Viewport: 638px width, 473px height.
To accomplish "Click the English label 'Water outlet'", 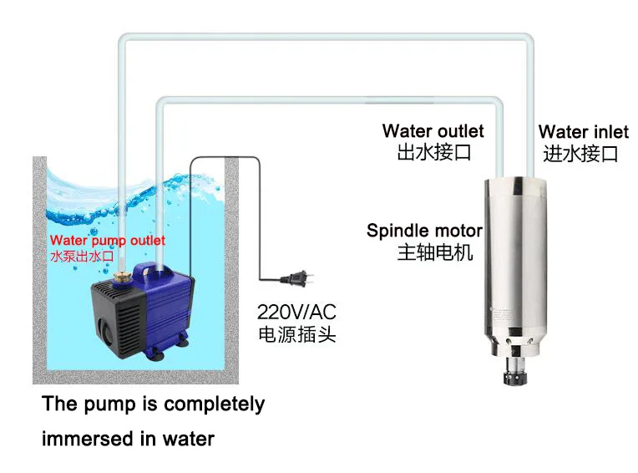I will (x=433, y=131).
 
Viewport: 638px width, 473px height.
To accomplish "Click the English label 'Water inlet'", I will (x=583, y=132).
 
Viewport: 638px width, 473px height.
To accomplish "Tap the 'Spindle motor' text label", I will (x=424, y=231).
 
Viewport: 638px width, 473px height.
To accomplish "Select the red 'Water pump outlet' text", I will (x=107, y=241).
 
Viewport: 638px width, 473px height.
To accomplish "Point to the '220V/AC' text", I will (x=296, y=313).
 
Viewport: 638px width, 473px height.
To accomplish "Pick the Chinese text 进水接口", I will (x=580, y=154).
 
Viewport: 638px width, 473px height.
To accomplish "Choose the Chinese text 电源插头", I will (x=296, y=334).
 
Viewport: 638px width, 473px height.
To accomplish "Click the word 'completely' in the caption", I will (x=215, y=404).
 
